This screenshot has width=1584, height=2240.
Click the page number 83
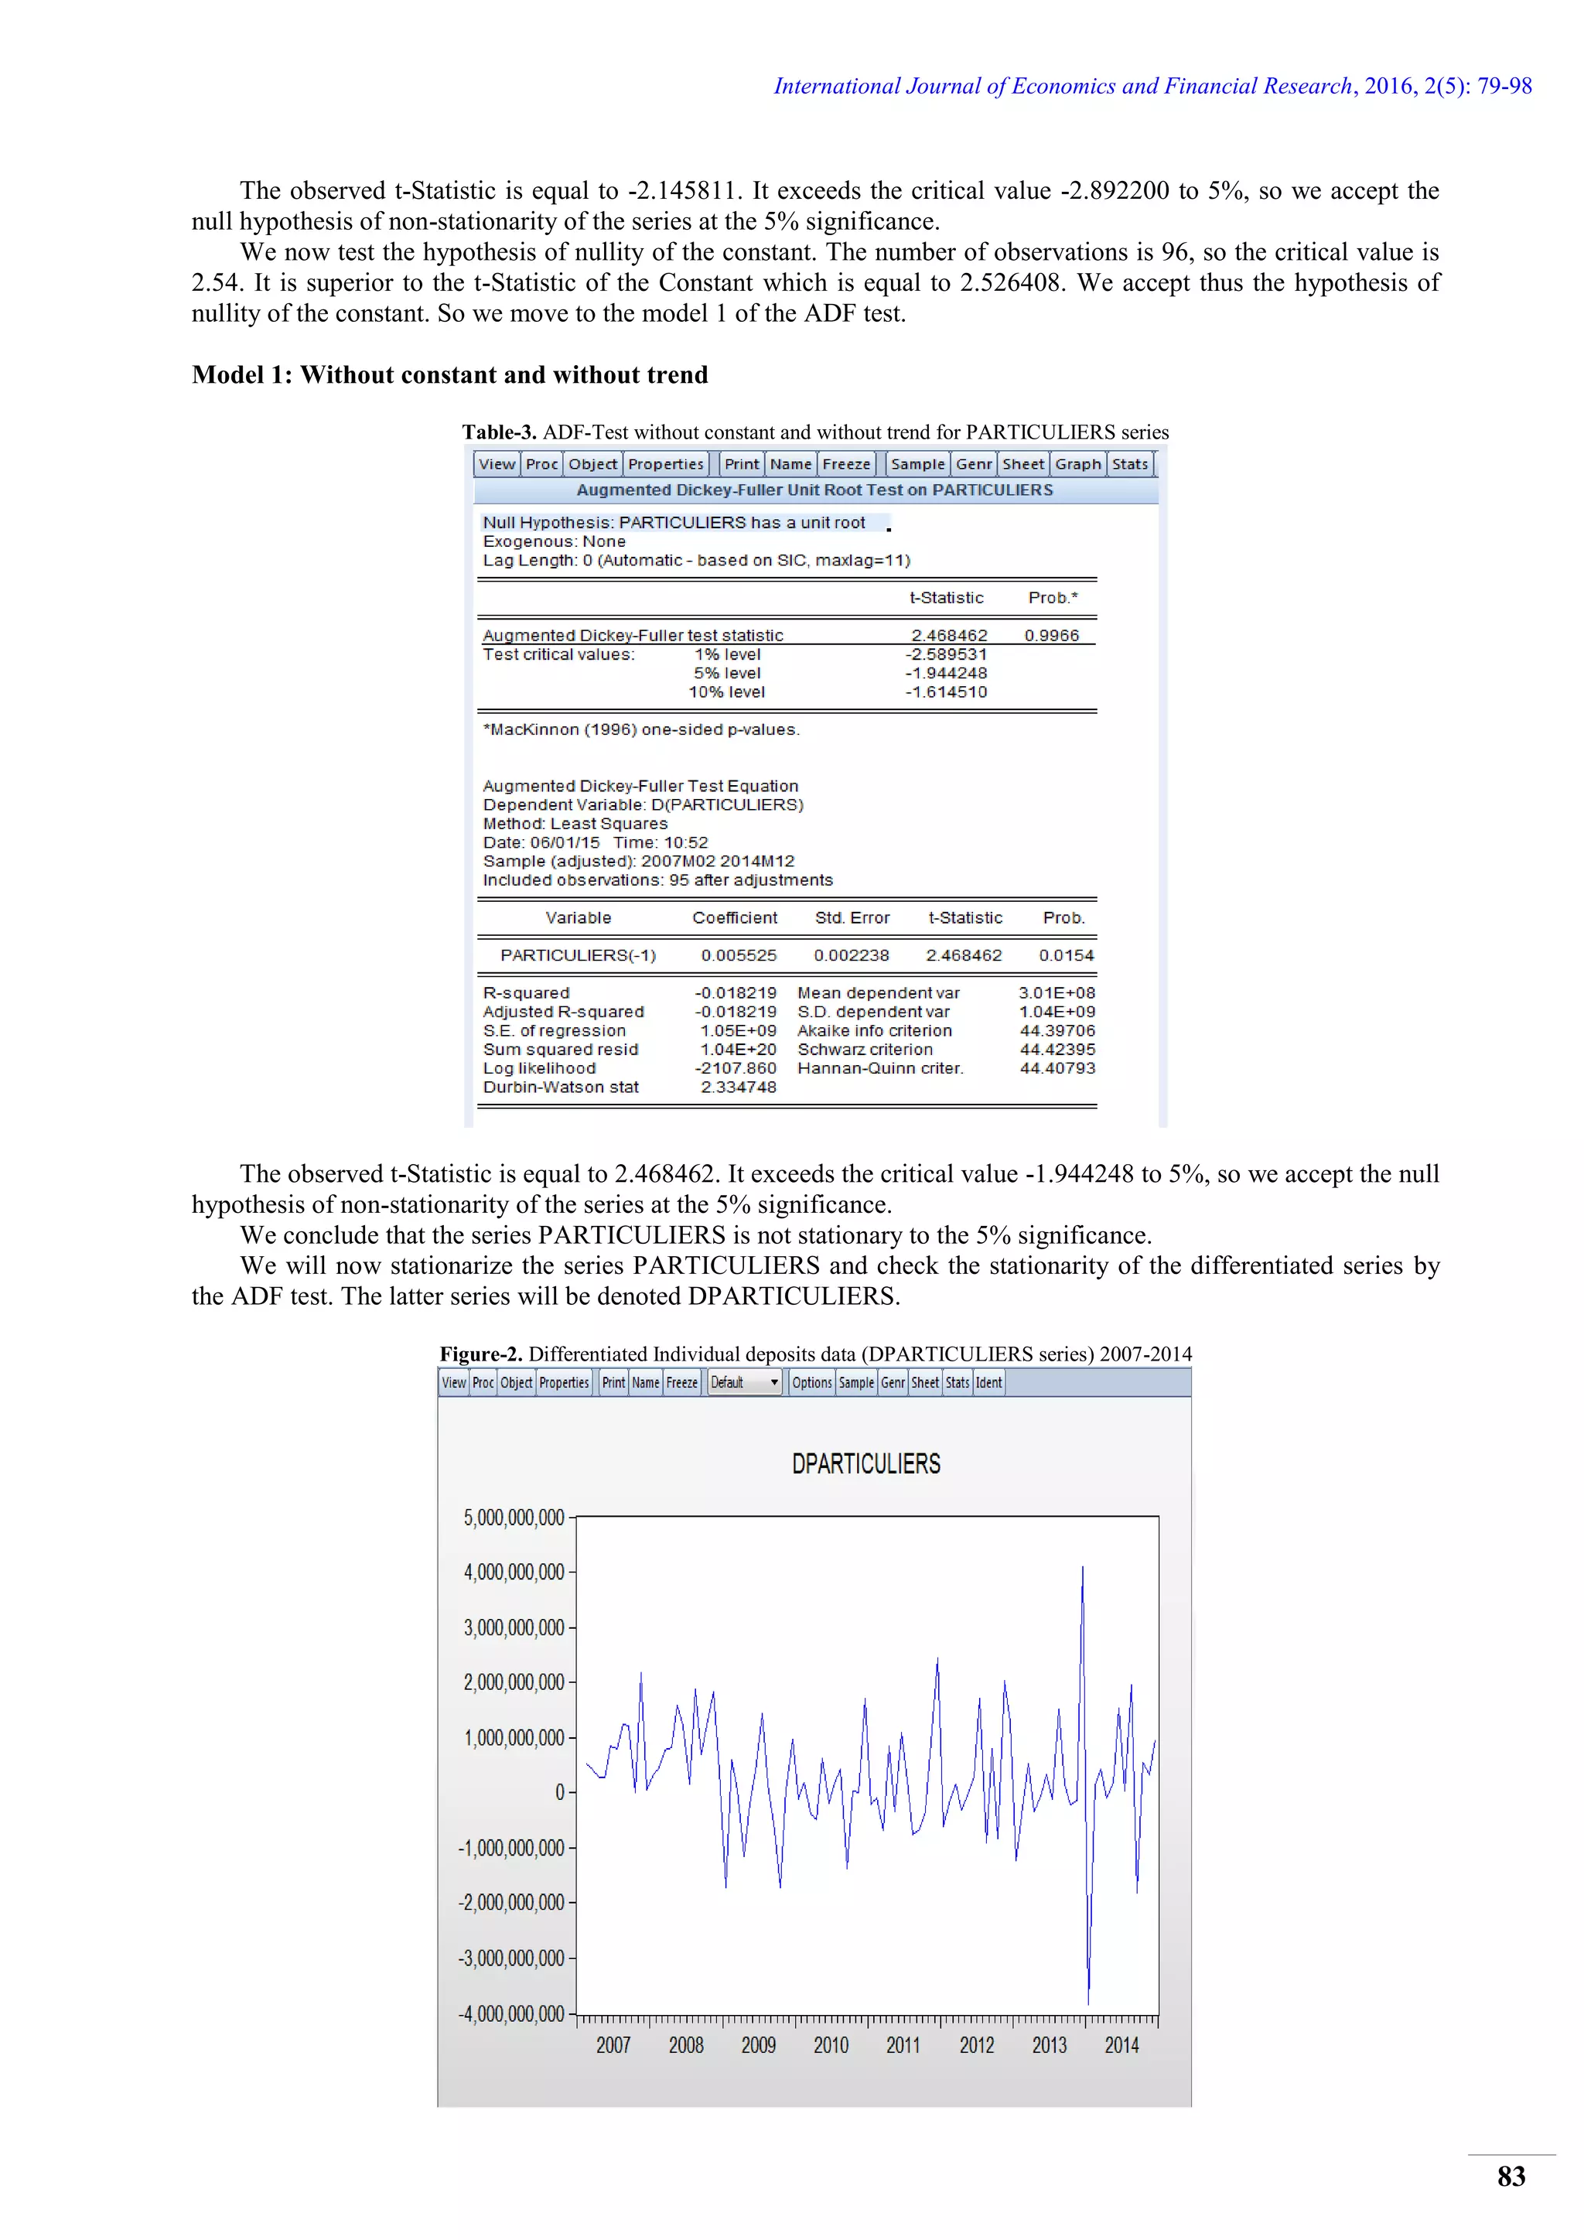[x=1511, y=2176]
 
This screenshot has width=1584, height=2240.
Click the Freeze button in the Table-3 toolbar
[x=845, y=464]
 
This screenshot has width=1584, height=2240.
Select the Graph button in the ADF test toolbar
[x=1077, y=464]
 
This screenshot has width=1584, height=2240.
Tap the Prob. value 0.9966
[x=1051, y=636]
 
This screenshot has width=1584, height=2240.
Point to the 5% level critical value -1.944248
[x=946, y=673]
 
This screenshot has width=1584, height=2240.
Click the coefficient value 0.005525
[x=739, y=956]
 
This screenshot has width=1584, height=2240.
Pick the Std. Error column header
[x=852, y=918]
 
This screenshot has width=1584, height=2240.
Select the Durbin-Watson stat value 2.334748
[x=739, y=1088]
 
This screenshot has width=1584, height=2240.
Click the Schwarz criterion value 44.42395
[x=1057, y=1050]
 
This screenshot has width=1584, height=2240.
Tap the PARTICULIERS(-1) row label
[x=579, y=956]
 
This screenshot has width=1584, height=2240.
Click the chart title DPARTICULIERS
[x=866, y=1464]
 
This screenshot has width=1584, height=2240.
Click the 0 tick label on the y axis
[x=560, y=1792]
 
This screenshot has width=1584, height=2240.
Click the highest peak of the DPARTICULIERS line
[x=1083, y=1568]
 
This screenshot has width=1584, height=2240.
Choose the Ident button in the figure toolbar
[x=989, y=1382]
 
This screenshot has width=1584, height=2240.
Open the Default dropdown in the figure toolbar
[x=745, y=1382]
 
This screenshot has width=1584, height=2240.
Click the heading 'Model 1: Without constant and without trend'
[x=449, y=376]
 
